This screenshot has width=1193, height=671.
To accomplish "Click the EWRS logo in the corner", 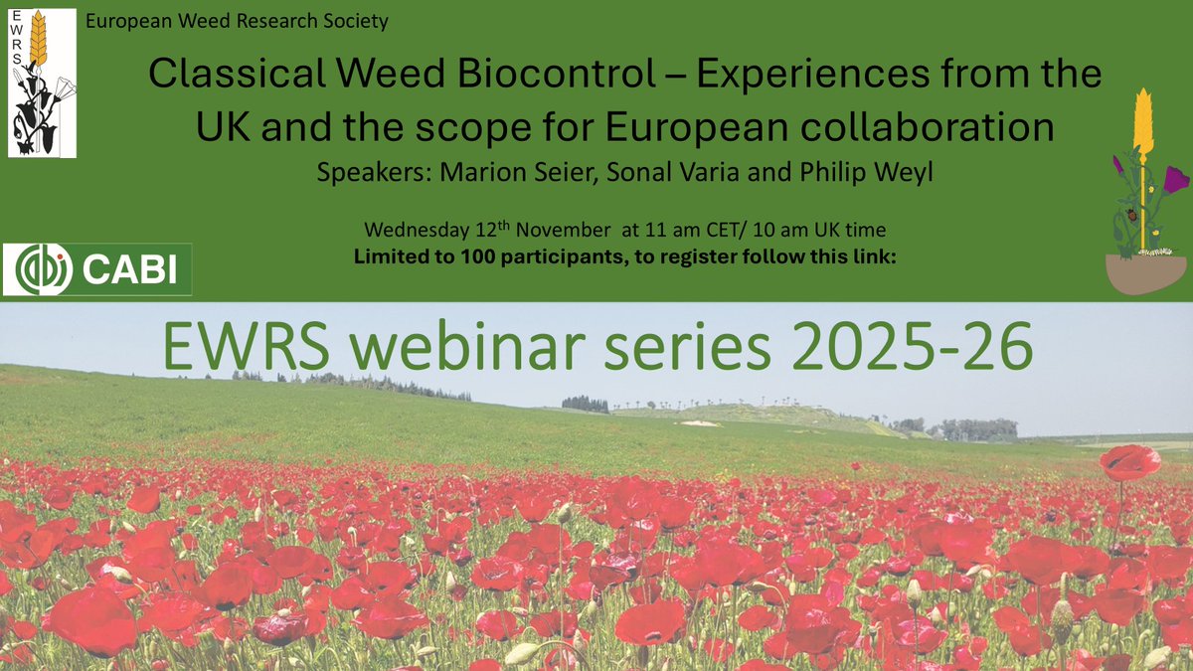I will point(42,84).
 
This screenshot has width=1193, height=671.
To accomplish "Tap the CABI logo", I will point(97,268).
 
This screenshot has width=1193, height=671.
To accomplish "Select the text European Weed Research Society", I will point(238,20).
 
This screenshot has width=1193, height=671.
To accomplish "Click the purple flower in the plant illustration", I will point(1175,179).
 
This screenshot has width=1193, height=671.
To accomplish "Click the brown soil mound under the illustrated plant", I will point(1145,275).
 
